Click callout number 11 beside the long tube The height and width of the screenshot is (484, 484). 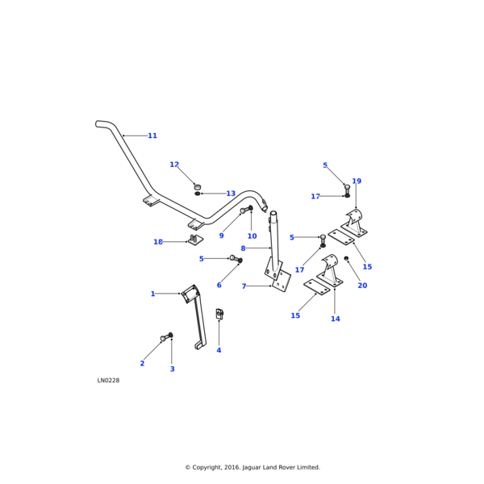(x=152, y=136)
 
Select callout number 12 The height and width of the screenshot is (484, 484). (x=174, y=165)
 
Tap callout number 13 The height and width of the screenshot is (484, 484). (x=231, y=194)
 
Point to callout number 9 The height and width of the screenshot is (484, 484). (x=221, y=236)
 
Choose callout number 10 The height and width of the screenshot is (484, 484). (x=252, y=236)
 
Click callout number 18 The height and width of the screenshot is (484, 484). (x=158, y=242)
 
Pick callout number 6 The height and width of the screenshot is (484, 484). (x=219, y=285)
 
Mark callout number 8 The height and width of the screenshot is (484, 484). (x=243, y=248)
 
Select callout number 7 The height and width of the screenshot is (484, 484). (x=244, y=286)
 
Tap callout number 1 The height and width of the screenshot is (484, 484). (x=152, y=294)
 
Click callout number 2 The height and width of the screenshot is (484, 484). (x=142, y=364)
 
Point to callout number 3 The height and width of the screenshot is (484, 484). (x=172, y=369)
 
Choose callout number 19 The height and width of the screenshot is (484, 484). (x=357, y=181)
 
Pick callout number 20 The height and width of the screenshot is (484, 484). (x=362, y=286)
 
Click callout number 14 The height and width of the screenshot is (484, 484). (x=336, y=319)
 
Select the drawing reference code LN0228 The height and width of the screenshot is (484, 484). (x=108, y=381)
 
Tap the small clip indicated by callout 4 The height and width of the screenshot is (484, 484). (x=219, y=314)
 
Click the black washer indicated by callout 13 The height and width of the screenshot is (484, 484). (x=198, y=194)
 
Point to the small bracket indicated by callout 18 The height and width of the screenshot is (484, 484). (x=194, y=240)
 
